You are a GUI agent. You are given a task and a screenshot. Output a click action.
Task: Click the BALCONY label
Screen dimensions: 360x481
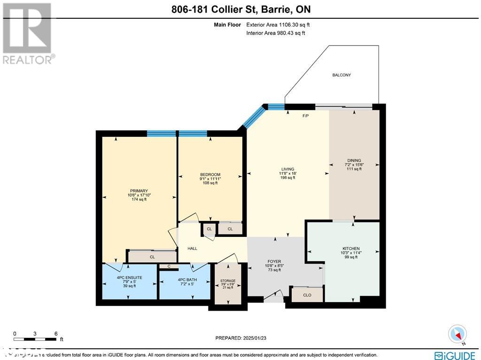pyautogui.click(x=341, y=75)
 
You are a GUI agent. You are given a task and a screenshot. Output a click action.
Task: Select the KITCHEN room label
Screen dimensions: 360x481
pyautogui.click(x=351, y=249)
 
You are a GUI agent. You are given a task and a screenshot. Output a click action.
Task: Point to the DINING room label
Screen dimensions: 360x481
pyautogui.click(x=354, y=160)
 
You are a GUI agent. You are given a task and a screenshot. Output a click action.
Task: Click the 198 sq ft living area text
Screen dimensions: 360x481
pyautogui.click(x=288, y=178)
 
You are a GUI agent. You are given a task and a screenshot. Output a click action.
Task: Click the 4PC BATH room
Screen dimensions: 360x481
pyautogui.click(x=187, y=280)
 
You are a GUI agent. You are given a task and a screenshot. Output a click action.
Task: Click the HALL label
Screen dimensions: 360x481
pyautogui.click(x=192, y=248)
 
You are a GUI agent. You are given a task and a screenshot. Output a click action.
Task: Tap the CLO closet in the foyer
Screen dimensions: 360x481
pyautogui.click(x=307, y=295)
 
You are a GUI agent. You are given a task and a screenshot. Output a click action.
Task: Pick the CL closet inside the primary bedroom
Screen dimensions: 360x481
pyautogui.click(x=152, y=257)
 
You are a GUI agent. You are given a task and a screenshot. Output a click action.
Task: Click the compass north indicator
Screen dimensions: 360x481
pyautogui.click(x=457, y=334)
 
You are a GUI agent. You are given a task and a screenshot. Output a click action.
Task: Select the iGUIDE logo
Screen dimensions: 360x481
pyautogui.click(x=454, y=355)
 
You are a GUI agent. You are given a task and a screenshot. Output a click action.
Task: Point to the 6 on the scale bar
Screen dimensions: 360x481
pyautogui.click(x=56, y=334)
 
